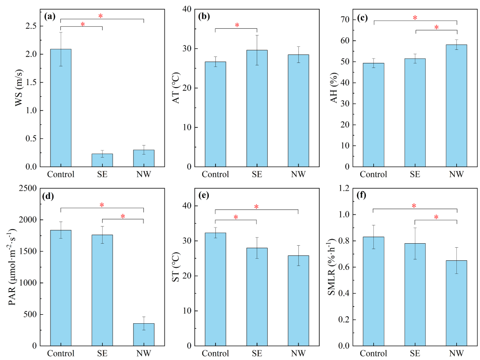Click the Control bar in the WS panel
pyautogui.click(x=60, y=108)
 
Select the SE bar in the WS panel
pyautogui.click(x=102, y=160)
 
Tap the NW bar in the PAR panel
pyautogui.click(x=143, y=334)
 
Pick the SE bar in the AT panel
pyautogui.click(x=257, y=108)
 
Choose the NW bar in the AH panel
pyautogui.click(x=456, y=106)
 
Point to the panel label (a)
pyautogui.click(x=50, y=16)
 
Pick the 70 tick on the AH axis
pyautogui.click(x=344, y=20)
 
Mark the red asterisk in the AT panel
pyautogui.click(x=237, y=26)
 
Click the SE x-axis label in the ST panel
pyautogui.click(x=257, y=353)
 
